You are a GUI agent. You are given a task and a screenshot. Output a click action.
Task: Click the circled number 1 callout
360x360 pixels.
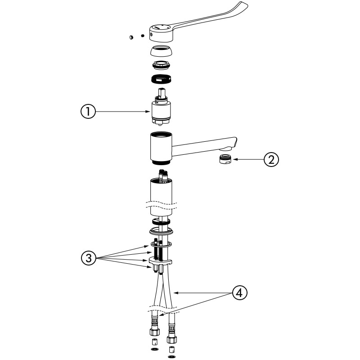point(88,111)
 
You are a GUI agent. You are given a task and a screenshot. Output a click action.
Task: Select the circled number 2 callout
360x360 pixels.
point(271,159)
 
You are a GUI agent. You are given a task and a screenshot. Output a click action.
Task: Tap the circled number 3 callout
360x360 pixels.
point(89,258)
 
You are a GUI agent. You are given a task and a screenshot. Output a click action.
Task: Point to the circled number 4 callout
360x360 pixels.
point(240,293)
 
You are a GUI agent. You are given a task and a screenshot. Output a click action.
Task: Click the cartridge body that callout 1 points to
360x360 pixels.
point(161,110)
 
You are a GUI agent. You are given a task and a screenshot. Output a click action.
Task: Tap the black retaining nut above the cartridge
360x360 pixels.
point(162,79)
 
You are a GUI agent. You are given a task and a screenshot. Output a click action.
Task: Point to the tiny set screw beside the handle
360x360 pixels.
point(143,36)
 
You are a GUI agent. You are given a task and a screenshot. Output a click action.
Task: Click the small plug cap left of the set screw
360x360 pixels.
point(131,37)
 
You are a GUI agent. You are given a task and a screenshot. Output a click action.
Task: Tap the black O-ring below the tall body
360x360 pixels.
point(161,221)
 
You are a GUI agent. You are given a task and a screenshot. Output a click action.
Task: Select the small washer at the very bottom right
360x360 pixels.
point(171,356)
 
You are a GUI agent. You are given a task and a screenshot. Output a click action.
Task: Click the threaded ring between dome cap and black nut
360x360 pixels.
point(161,65)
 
